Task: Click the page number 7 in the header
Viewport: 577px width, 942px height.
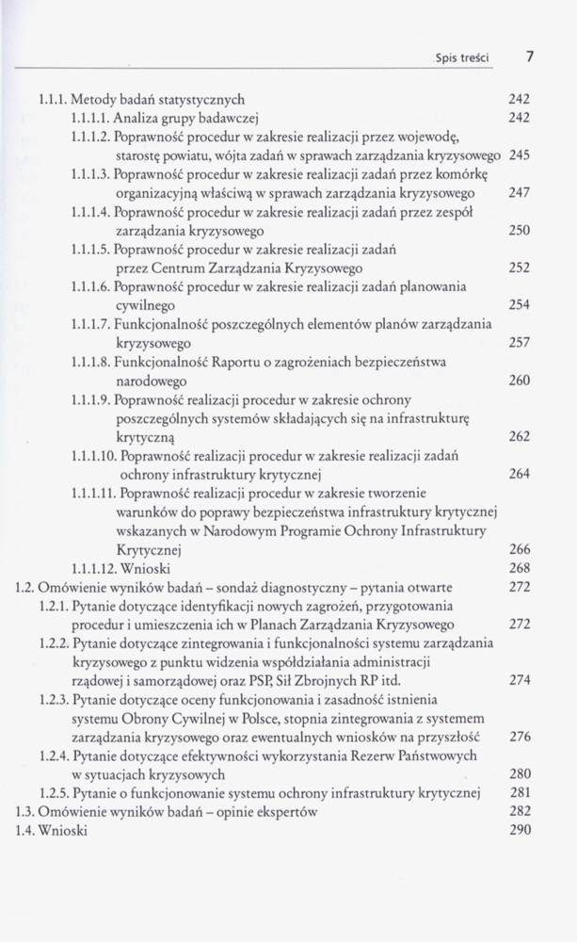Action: (x=531, y=56)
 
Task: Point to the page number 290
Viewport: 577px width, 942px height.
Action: (x=520, y=831)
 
